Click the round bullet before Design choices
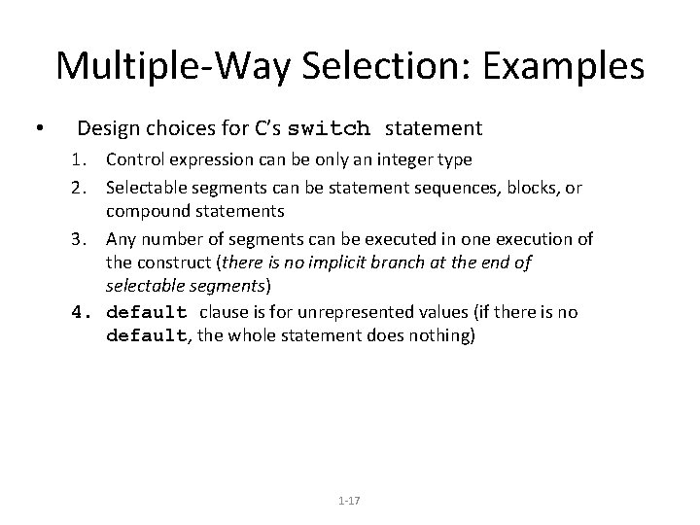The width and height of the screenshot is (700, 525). pos(36,129)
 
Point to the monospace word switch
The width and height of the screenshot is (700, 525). pos(330,128)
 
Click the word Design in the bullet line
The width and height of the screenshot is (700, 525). pos(107,128)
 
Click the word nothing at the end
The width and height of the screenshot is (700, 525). pos(446,336)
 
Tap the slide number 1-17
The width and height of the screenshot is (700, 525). pos(349,500)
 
